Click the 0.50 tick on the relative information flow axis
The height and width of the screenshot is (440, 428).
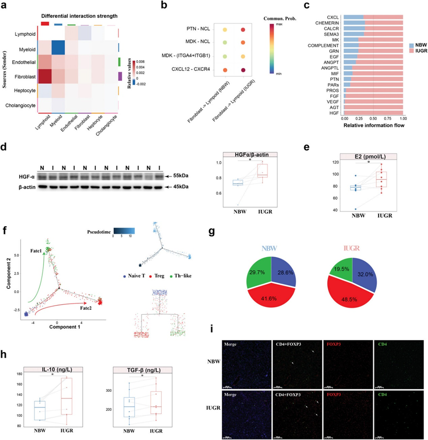pyautogui.click(x=373, y=119)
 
